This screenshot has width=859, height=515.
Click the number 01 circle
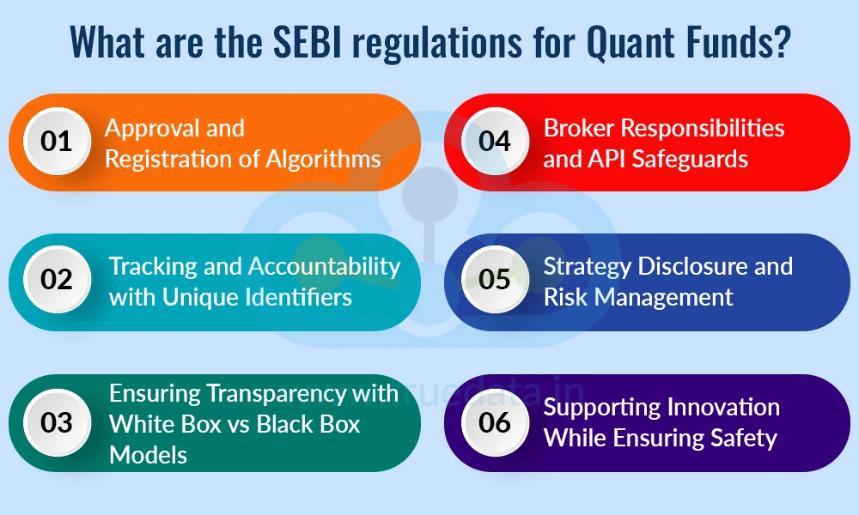[57, 141]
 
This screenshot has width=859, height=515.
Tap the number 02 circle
[57, 281]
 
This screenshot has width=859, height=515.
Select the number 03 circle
[57, 422]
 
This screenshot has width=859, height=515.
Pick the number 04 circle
[495, 141]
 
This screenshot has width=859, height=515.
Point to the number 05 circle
[495, 281]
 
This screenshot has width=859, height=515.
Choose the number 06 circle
[495, 422]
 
